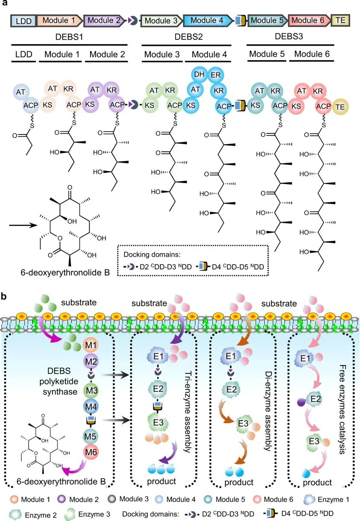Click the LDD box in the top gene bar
(x=23, y=20)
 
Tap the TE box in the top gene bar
(x=340, y=20)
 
